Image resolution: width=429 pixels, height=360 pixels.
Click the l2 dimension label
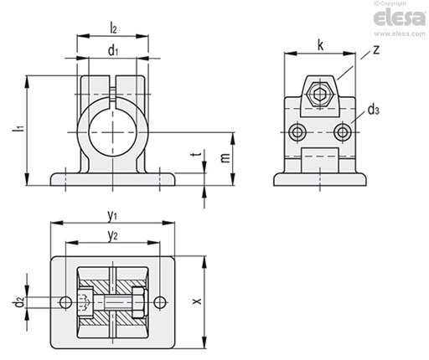point(113,28)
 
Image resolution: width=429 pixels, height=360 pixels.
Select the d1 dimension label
point(113,51)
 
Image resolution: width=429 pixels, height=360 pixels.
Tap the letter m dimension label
point(225,157)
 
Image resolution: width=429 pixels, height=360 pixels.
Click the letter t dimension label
point(198,154)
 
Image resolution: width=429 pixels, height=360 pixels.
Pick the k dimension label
point(320,45)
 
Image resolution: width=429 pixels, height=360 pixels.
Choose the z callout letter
point(376,49)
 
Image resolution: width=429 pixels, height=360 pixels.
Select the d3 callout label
point(373,111)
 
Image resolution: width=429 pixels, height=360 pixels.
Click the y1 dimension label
point(112,215)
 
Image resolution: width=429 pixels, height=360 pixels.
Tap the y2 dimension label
point(112,236)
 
